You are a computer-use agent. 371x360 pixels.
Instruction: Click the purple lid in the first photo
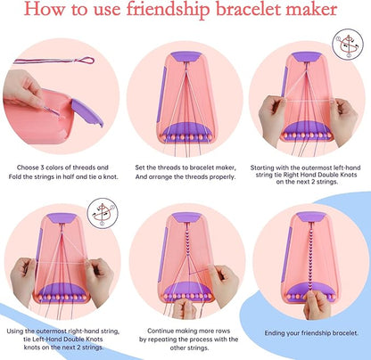[86, 111]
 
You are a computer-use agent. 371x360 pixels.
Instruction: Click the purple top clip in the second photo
[185, 56]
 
